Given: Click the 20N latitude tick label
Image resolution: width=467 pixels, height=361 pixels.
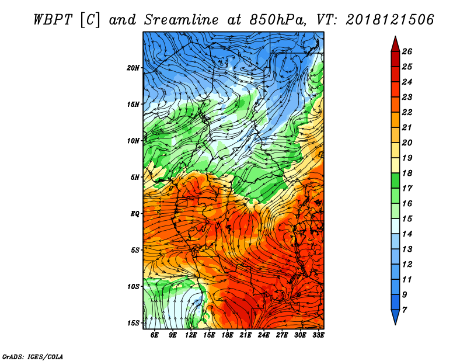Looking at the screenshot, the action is tap(133, 68).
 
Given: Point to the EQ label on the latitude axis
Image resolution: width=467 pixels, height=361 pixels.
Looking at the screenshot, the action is tap(135, 214).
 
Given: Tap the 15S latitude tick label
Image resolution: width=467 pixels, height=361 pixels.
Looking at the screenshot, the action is tap(133, 323).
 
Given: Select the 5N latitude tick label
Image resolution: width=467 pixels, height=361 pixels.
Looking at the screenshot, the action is tap(135, 178).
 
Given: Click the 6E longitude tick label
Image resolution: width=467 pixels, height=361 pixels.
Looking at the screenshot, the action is tap(154, 335).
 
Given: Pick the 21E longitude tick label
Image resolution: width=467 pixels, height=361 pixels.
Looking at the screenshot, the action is tap(245, 335).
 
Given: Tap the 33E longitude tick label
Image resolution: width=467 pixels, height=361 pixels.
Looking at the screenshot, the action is tap(318, 335).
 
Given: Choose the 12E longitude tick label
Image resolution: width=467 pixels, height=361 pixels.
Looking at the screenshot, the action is tap(191, 335).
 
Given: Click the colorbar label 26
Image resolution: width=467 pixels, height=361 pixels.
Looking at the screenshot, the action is tap(407, 51).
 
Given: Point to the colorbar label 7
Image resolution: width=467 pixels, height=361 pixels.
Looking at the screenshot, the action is tap(405, 310).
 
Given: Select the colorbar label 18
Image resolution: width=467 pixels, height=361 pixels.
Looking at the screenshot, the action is tap(407, 173).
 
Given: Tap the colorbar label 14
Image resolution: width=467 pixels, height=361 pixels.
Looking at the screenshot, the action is tap(407, 234).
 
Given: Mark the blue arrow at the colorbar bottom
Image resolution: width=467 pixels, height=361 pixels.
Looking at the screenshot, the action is tap(395, 316).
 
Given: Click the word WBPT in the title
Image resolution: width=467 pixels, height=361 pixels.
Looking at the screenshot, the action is tap(53, 20).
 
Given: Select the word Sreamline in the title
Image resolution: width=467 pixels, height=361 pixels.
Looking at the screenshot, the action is tap(182, 20).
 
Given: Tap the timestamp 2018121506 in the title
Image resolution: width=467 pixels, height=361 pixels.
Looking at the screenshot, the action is tap(390, 20).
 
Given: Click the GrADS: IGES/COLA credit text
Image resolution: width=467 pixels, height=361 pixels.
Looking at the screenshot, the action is tap(33, 357).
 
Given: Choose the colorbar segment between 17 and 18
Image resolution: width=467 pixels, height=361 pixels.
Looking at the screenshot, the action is tap(395, 180).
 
